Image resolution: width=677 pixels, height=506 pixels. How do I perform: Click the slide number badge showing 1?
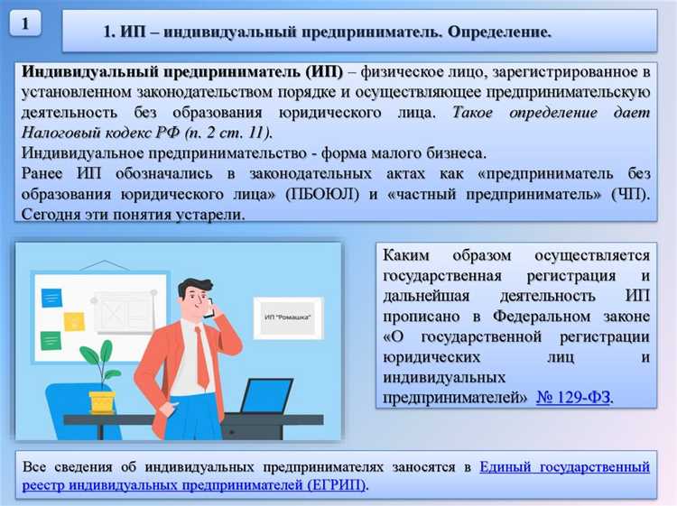tap(26, 25)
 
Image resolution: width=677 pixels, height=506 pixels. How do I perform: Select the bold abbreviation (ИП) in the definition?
tap(324, 72)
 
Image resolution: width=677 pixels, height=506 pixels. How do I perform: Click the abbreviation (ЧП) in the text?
tap(629, 194)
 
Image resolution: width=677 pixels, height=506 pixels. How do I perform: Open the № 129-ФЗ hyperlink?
tap(573, 397)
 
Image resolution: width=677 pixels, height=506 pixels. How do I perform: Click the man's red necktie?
tap(201, 355)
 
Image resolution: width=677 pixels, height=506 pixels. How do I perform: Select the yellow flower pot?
tap(102, 400)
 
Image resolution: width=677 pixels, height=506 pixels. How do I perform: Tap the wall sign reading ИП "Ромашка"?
tap(287, 318)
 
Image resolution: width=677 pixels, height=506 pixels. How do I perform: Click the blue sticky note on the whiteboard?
tap(51, 298)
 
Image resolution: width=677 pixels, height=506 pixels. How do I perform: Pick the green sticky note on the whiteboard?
tap(51, 340)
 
